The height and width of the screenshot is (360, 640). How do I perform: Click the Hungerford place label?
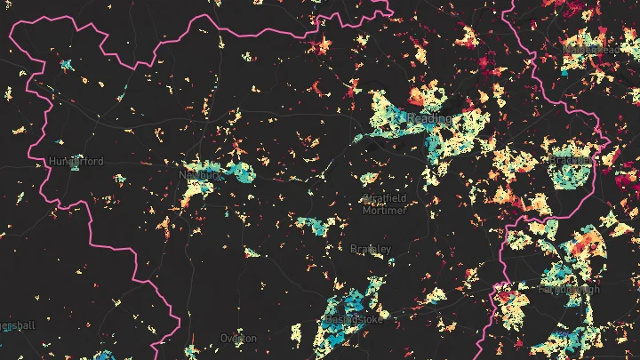pyautogui.click(x=76, y=161)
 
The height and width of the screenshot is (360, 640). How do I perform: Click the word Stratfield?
pyautogui.click(x=383, y=198)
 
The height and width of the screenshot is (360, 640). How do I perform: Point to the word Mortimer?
pyautogui.click(x=383, y=211)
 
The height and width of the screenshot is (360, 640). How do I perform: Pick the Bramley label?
pyautogui.click(x=370, y=248)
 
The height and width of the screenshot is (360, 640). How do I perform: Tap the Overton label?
pyautogui.click(x=238, y=339)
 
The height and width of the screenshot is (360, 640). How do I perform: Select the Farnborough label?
pyautogui.click(x=569, y=289)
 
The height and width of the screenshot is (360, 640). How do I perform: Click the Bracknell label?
pyautogui.click(x=570, y=160)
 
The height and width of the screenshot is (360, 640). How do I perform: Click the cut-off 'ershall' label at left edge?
pyautogui.click(x=17, y=325)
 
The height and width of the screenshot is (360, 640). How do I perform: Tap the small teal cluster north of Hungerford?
pyautogui.click(x=66, y=65)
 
